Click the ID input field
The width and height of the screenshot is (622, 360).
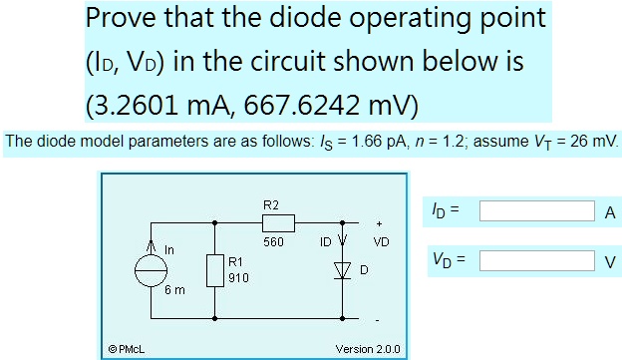[x=537, y=211]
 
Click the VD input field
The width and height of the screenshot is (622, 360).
[x=537, y=260]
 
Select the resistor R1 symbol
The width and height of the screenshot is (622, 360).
[x=216, y=270]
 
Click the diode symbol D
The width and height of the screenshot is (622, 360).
[x=345, y=270]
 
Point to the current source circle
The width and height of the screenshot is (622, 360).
[x=153, y=270]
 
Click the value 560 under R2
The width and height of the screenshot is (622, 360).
[x=274, y=241]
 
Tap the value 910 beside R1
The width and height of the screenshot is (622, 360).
[x=236, y=279]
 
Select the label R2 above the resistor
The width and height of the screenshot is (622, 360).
[x=270, y=204]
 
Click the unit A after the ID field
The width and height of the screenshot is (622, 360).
[x=610, y=212]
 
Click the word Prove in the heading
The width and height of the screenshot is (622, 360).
[x=122, y=19]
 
